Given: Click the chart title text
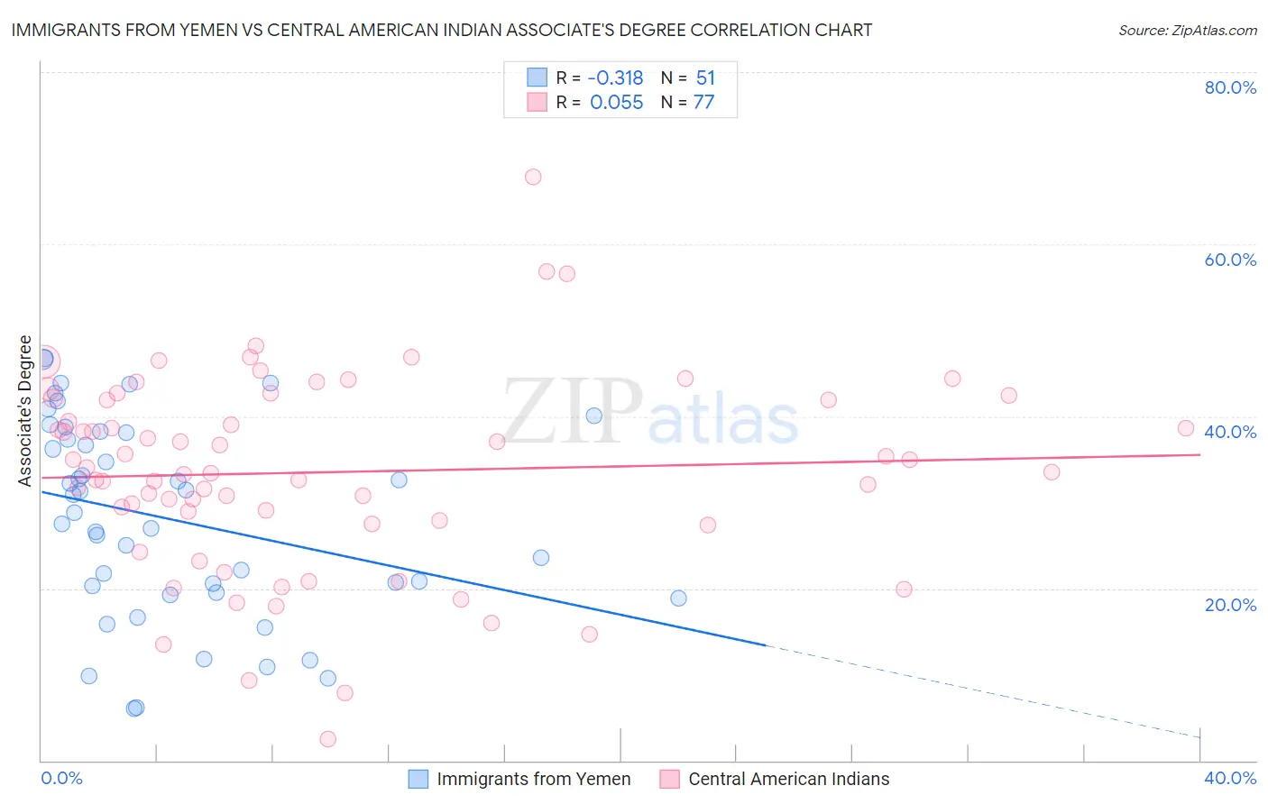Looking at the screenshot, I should tap(441, 30).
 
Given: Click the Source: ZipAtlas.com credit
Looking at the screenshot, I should tap(1187, 31).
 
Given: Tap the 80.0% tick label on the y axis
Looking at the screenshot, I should tap(1230, 87).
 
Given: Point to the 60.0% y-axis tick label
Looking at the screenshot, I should tap(1230, 260).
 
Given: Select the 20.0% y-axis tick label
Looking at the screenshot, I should tap(1230, 604).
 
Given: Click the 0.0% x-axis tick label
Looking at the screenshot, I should tap(61, 778).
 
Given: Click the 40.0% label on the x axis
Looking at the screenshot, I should tap(1230, 778).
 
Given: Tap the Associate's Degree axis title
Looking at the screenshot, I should tap(25, 411).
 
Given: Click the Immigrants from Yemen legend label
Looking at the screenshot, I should tap(533, 780).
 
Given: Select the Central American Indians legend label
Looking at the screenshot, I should tap(788, 780).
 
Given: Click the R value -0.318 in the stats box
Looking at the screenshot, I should tap(616, 78).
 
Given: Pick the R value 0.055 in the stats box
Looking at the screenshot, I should tap(616, 103).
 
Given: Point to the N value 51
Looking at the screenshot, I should tap(705, 78).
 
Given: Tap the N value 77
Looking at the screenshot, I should tap(703, 103).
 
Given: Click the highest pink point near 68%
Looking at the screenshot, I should tap(533, 177).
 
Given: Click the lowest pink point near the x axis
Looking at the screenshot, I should tap(328, 739).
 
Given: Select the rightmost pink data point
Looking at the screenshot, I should tap(1186, 428).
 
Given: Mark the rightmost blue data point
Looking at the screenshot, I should tap(678, 598).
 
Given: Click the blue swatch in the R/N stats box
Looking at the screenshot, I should tap(537, 78).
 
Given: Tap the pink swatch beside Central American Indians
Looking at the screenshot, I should tap(668, 780).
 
